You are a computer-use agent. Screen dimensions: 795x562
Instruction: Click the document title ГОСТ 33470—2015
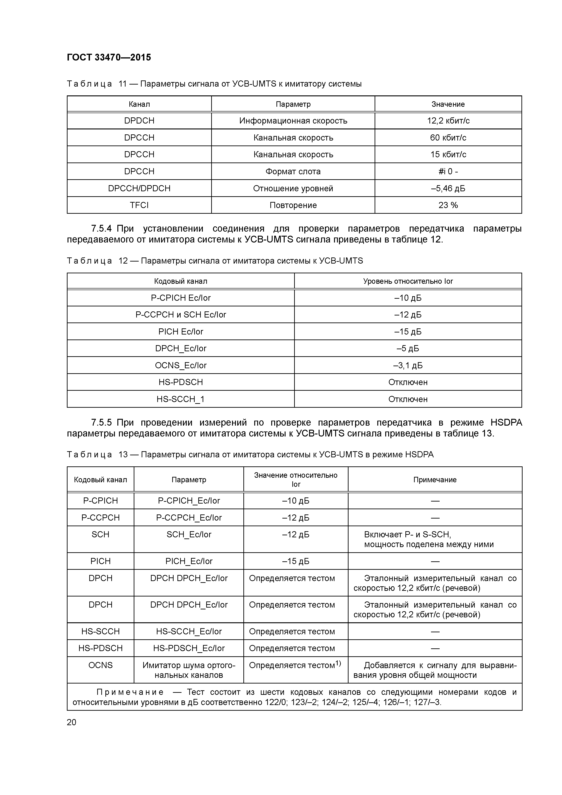(109, 58)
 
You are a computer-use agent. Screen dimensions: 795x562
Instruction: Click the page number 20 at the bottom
(71, 722)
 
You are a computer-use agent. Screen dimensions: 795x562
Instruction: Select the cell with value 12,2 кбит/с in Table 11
(448, 121)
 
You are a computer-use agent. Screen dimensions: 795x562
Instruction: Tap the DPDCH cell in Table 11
(139, 121)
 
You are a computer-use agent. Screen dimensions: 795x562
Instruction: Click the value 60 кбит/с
(448, 138)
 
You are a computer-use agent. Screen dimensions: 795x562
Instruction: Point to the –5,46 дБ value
(448, 188)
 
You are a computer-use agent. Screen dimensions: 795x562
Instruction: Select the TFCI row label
(139, 205)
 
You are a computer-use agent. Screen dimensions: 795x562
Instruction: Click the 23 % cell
(448, 205)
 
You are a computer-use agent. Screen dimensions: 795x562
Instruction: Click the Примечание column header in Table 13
(435, 480)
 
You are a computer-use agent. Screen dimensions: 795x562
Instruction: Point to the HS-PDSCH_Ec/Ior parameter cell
(189, 648)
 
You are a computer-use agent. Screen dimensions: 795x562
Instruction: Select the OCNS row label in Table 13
(100, 665)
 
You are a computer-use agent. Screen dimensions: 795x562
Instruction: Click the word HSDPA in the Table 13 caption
(419, 455)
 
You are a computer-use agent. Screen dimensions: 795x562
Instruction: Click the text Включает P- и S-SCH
(407, 535)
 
